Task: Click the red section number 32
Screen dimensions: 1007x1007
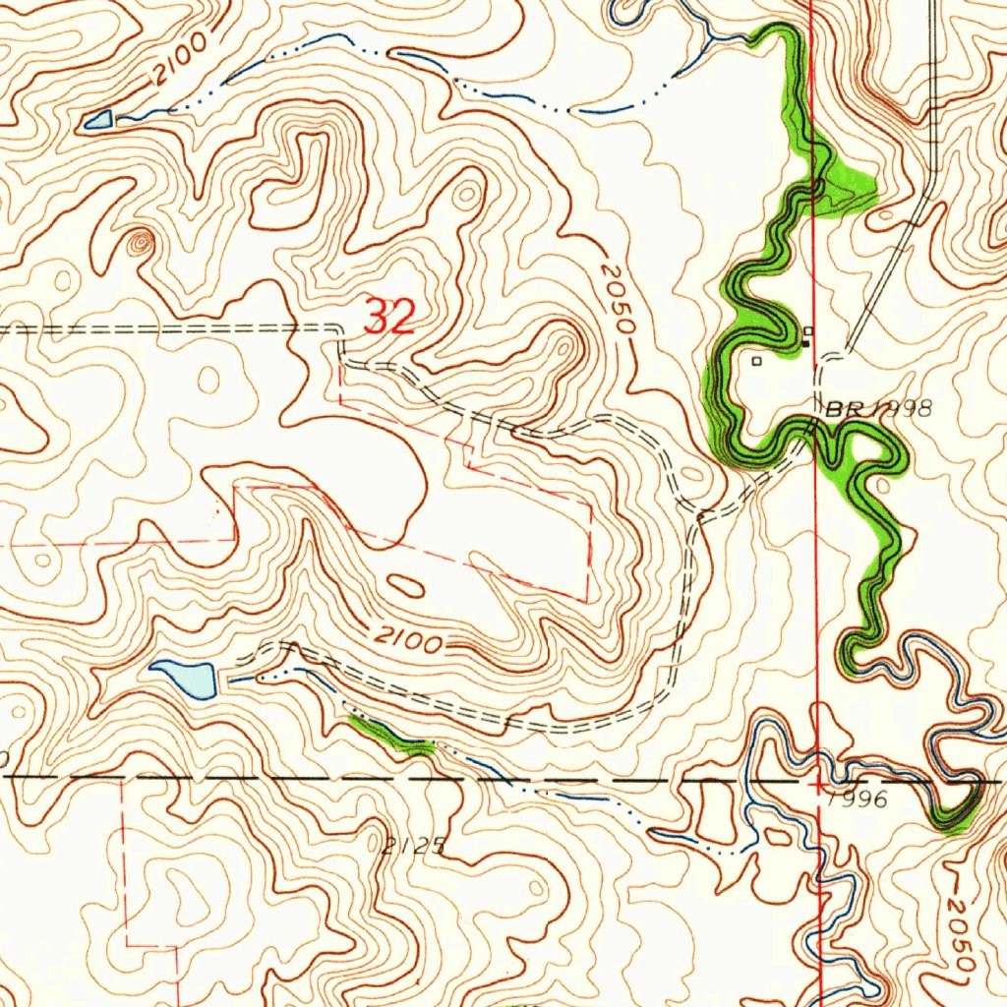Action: point(390,317)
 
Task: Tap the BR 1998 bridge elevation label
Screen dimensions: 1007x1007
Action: point(878,409)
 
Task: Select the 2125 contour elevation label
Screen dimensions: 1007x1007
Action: point(415,846)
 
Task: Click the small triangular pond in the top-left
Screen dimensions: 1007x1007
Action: point(98,121)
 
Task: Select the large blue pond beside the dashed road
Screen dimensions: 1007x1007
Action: point(187,677)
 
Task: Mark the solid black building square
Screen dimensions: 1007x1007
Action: point(805,343)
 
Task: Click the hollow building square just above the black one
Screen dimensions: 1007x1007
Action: point(808,330)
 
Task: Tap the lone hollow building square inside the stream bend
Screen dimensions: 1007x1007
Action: point(756,361)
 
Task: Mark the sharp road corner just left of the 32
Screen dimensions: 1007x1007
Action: point(340,332)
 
